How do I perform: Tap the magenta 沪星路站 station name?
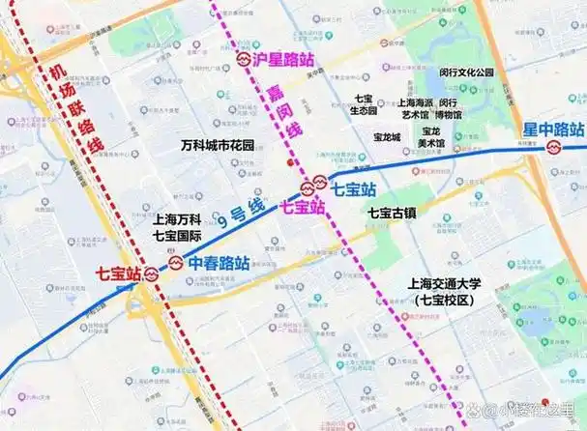[284, 59]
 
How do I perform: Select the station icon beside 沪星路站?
[244, 59]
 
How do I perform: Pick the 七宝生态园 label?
[364, 104]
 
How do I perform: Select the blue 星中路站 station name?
[553, 129]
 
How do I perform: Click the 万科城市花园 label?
[218, 146]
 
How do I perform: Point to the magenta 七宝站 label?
[302, 206]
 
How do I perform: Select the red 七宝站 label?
[119, 273]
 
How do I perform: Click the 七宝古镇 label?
[392, 213]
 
